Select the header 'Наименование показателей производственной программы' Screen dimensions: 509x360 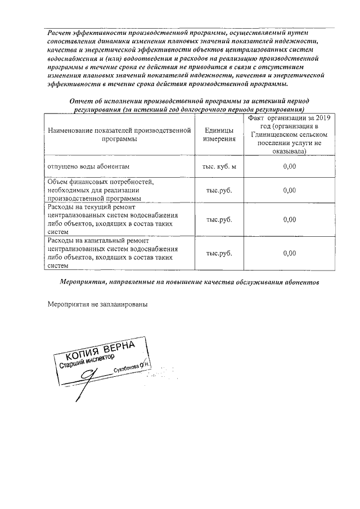point(120,135)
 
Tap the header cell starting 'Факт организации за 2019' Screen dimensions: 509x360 point(289,135)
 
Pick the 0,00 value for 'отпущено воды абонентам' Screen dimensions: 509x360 point(289,166)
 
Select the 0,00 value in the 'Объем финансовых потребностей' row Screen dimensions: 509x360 point(289,190)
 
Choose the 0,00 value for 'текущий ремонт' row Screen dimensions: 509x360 point(289,219)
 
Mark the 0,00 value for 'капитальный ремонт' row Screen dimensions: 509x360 point(289,253)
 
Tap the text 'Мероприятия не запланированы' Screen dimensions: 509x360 point(97,304)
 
